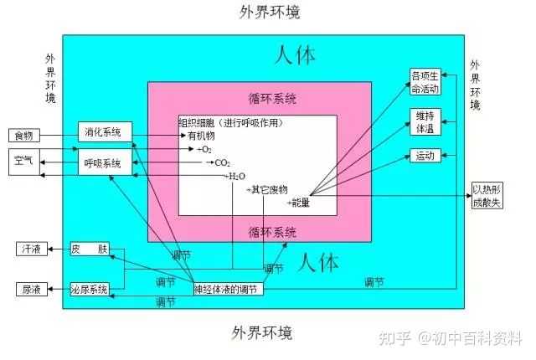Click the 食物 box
tap(24, 136)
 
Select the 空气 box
tap(24, 162)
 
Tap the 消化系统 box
tap(105, 131)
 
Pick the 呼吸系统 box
tap(105, 162)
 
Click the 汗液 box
tap(32, 249)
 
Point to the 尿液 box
tap(32, 290)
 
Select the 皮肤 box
tap(90, 249)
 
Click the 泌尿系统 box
tap(90, 290)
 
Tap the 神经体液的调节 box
tap(229, 290)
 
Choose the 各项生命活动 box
tap(425, 82)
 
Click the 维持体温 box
tap(425, 122)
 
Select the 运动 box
tap(425, 156)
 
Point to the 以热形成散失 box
tap(487, 196)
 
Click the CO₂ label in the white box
tap(222, 163)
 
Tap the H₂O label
tap(237, 177)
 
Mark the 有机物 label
tap(201, 136)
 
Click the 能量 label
tap(301, 203)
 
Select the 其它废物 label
tap(270, 189)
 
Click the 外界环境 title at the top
tap(270, 12)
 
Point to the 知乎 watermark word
tap(394, 338)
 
